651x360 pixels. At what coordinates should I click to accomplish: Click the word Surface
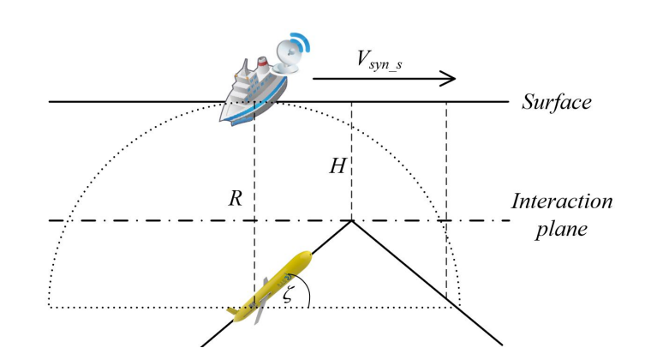coord(557,103)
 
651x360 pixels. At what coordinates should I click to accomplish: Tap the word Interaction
coord(561,202)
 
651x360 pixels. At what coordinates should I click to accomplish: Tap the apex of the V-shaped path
coord(352,221)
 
